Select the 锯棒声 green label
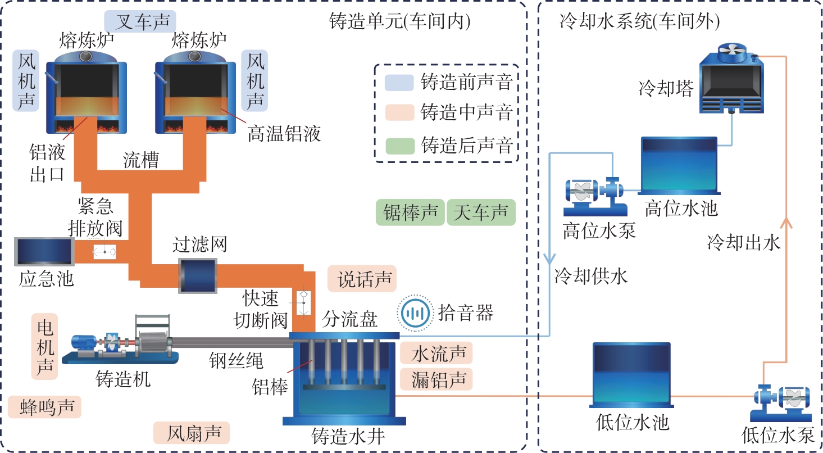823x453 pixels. pyautogui.click(x=410, y=213)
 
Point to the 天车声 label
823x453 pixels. pyautogui.click(x=481, y=213)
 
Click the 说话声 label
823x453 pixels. pyautogui.click(x=362, y=279)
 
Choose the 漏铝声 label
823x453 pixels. pyautogui.click(x=436, y=379)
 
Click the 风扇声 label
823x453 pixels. pyautogui.click(x=191, y=433)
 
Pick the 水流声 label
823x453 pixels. pyautogui.click(x=436, y=354)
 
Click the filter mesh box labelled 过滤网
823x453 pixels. pyautogui.click(x=197, y=275)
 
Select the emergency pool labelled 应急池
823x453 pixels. pyautogui.click(x=44, y=252)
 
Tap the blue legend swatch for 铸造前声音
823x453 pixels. pyautogui.click(x=398, y=83)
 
